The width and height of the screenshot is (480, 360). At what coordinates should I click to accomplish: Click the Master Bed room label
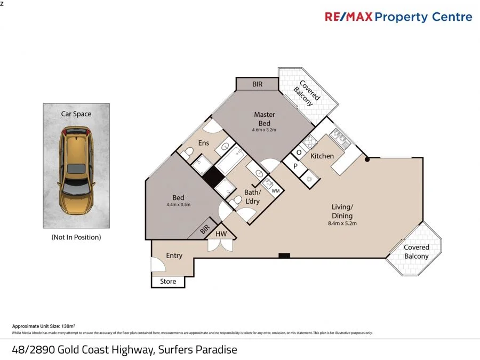265,119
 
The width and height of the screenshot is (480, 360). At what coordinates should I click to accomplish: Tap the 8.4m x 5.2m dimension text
342,223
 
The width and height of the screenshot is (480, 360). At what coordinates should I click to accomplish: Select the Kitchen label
322,156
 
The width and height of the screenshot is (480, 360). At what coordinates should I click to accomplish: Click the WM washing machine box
275,190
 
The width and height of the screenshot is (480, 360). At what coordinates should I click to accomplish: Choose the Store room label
168,282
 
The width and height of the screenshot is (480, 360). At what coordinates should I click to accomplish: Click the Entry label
174,255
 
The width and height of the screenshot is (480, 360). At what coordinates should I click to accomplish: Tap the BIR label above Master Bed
258,84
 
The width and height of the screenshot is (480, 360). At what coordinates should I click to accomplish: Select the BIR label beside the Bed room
204,230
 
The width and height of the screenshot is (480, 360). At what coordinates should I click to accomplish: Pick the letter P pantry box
295,166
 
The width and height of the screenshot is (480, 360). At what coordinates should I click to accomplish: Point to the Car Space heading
76,114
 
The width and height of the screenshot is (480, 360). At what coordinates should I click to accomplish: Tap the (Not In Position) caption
76,237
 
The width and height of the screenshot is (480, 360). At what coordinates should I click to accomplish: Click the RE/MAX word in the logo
348,17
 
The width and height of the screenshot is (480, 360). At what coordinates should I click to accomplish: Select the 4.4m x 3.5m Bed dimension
178,204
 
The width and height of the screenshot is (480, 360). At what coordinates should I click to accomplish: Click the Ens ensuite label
203,143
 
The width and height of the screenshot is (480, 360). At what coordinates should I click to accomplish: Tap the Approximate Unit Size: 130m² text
43,325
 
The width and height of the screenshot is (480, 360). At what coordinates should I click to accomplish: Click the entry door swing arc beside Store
158,264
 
